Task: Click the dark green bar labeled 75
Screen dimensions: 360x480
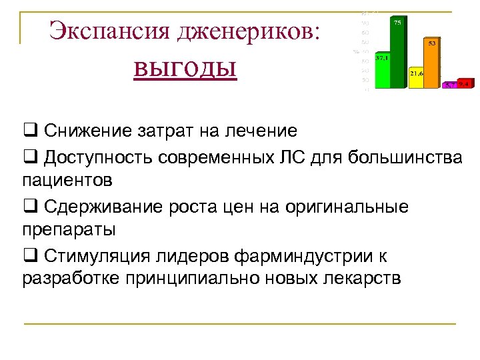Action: coord(397,53)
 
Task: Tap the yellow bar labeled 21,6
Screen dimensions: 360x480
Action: coord(417,77)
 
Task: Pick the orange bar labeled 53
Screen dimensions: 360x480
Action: coord(432,63)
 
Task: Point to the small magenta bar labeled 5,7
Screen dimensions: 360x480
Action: coord(451,85)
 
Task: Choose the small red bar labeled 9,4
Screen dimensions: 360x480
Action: coord(465,84)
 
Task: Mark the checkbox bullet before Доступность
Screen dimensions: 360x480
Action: coord(31,157)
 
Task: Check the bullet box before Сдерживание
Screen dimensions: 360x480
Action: coord(31,207)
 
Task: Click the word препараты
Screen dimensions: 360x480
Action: coord(69,231)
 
